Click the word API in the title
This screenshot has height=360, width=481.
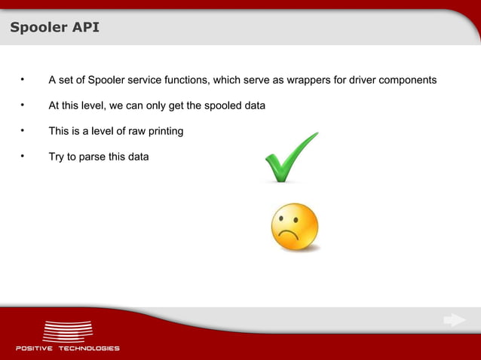[x=84, y=29]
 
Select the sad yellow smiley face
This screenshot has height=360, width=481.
[x=295, y=227]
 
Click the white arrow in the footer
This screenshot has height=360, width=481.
[x=454, y=321]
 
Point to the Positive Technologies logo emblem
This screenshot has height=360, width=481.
[x=68, y=331]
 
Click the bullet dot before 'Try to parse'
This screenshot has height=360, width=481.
[x=23, y=156]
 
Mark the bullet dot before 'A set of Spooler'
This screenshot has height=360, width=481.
[x=23, y=79]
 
